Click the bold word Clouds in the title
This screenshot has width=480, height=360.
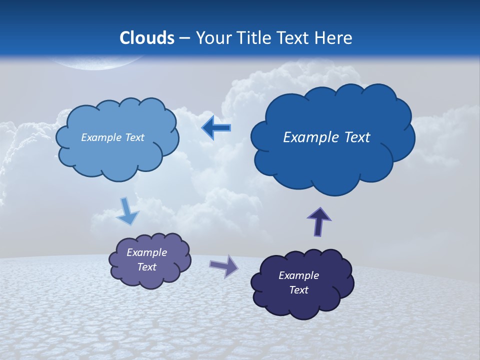[147, 38]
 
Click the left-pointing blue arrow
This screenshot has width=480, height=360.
[216, 128]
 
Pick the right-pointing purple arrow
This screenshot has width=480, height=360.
[224, 266]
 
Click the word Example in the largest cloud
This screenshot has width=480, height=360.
[306, 137]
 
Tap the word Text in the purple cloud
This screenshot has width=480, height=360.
[147, 267]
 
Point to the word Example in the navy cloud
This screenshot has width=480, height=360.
[298, 275]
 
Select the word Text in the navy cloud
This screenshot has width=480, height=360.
[298, 290]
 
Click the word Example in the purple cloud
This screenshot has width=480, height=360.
[147, 252]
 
